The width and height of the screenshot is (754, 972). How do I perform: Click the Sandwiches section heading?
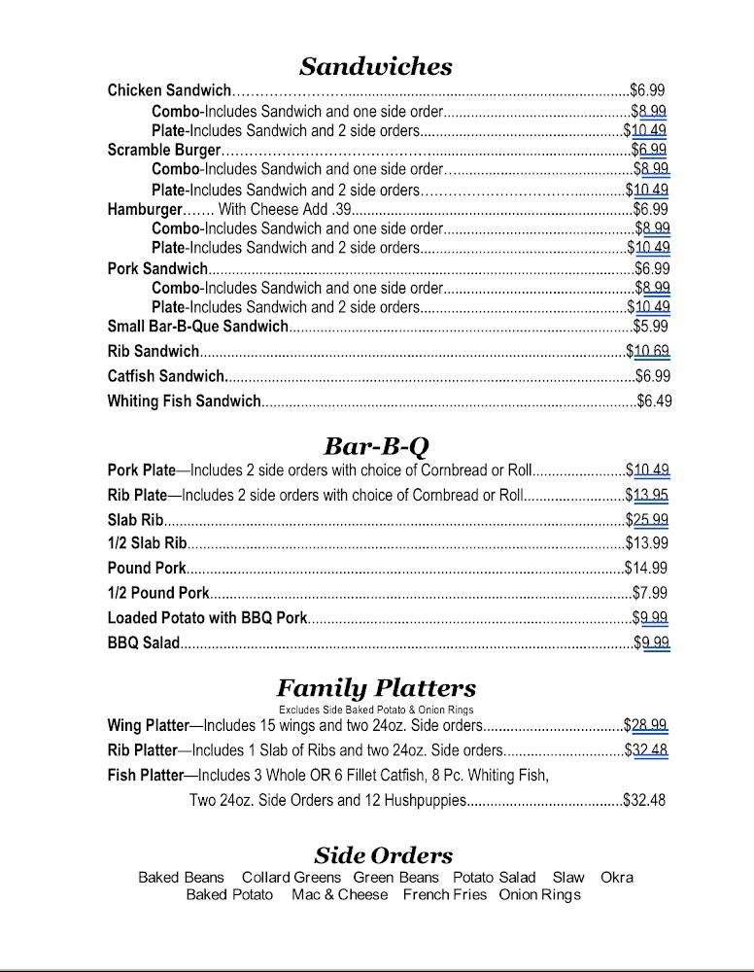pos(375,66)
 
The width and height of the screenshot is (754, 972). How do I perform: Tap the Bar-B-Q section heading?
pos(375,446)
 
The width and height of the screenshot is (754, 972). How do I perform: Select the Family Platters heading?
pos(375,688)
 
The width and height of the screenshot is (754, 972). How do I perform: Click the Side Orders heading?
pos(383,855)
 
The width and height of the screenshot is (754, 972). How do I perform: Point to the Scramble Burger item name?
pos(164,151)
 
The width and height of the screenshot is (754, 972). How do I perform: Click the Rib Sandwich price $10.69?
pos(648,352)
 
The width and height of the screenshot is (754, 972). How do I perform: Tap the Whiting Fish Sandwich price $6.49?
pos(654,400)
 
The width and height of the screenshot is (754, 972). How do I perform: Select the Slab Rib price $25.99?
pos(647,520)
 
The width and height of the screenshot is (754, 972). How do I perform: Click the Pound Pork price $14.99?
pos(646,569)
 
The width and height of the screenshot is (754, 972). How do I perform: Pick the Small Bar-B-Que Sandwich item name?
pos(197,327)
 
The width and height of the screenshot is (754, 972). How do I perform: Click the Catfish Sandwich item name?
pos(166,376)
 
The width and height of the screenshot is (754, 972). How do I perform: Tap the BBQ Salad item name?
pos(143,642)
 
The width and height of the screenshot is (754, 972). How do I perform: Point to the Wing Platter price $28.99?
pos(645,725)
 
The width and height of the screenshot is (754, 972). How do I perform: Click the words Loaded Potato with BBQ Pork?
pos(207,618)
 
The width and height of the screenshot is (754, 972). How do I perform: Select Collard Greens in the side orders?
pos(291,878)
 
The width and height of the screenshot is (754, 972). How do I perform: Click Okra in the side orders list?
pos(616,878)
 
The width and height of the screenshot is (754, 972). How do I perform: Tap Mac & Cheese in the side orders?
pos(339,895)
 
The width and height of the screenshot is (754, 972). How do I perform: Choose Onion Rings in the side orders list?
pos(539,895)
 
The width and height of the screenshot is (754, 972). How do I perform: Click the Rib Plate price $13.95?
pos(647,496)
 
